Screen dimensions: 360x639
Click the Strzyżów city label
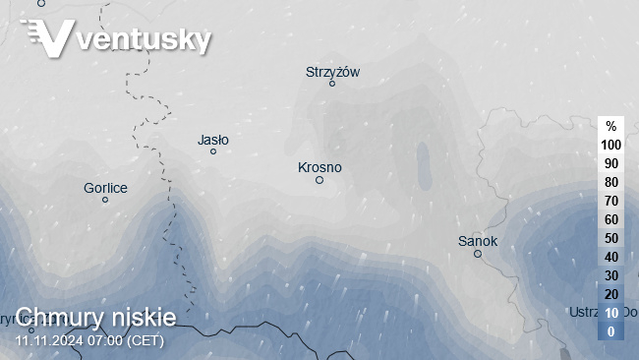tap(333, 71)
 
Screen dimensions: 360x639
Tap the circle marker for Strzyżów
tap(332, 84)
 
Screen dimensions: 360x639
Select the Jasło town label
tap(213, 140)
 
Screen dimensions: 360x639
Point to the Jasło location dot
tap(213, 151)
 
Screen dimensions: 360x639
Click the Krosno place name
tap(319, 167)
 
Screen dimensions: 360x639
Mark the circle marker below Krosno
tap(319, 180)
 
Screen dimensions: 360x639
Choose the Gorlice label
tap(105, 187)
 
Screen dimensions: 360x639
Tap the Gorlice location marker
tap(105, 200)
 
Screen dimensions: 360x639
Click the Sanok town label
tap(478, 241)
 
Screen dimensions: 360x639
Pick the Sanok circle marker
tap(478, 254)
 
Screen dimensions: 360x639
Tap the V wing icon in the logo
tap(49, 38)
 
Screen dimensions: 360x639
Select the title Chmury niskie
tap(96, 317)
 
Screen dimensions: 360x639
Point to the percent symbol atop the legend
tap(610, 126)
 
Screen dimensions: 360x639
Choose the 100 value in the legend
tap(610, 145)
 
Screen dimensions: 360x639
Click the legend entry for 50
tap(610, 238)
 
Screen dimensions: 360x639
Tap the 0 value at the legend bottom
tap(610, 331)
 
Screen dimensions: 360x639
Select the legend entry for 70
tap(610, 201)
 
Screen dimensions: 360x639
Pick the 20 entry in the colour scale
tap(610, 294)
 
